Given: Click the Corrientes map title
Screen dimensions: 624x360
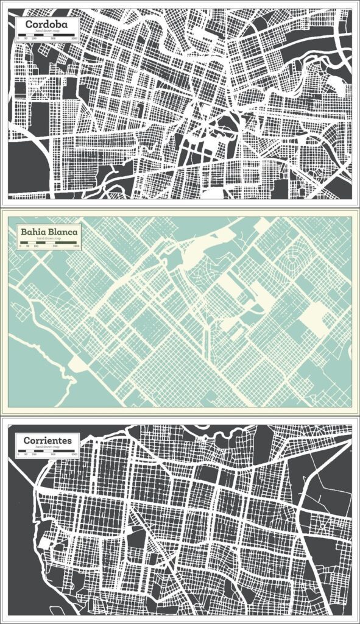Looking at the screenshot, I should tap(48, 440).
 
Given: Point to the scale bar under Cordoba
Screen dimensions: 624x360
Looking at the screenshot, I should tap(47, 34).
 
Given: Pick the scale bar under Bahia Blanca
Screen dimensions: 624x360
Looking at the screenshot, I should tap(48, 243).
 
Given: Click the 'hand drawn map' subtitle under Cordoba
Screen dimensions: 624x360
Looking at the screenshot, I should tap(47, 30).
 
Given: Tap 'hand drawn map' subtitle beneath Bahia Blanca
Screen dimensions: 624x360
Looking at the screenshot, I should tap(48, 239).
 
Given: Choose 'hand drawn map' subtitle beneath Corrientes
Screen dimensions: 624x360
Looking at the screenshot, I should tap(48, 447).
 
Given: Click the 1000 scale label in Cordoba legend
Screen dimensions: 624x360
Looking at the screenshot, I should tap(74, 38).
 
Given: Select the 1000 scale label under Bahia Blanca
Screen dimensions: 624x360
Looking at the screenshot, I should tap(75, 246).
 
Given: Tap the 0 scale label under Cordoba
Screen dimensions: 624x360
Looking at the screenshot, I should tap(19, 38).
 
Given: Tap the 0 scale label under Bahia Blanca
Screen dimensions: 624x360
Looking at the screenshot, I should tap(20, 246).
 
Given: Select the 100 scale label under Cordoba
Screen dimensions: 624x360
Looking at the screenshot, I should tap(34, 38).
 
